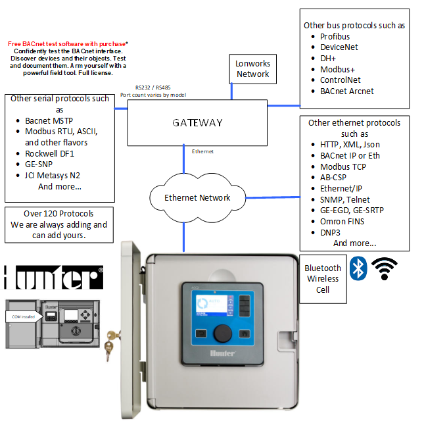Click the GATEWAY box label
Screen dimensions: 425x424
click(x=197, y=122)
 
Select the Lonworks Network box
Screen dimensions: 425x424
click(x=253, y=68)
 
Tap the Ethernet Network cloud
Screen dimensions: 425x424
click(x=197, y=197)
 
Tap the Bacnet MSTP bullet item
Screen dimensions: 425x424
click(x=49, y=120)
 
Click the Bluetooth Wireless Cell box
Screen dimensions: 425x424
click(x=323, y=278)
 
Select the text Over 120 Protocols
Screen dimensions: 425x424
click(x=58, y=213)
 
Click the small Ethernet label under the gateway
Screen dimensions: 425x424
click(x=202, y=151)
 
